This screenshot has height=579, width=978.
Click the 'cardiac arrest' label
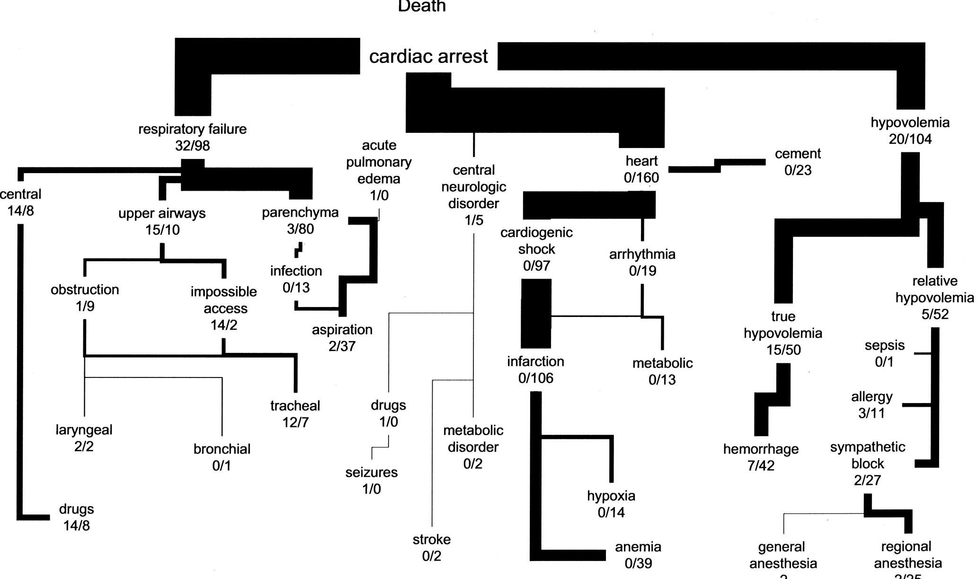tap(428, 57)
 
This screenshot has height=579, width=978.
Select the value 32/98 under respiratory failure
tap(192, 146)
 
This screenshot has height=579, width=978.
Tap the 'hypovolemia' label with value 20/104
tap(910, 123)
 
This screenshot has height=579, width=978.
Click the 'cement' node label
tap(798, 154)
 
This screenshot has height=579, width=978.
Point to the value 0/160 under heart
tap(641, 178)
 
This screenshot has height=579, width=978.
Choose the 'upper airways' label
tap(162, 213)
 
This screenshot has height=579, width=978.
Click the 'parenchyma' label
tap(300, 212)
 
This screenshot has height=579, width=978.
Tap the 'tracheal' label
tap(295, 406)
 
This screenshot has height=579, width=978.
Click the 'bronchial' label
tap(222, 449)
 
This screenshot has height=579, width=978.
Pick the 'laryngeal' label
tap(84, 430)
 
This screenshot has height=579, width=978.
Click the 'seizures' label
tap(371, 473)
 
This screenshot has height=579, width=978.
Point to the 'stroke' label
tap(431, 539)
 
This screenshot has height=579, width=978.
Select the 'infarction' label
tap(535, 361)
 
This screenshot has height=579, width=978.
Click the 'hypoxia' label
tap(611, 496)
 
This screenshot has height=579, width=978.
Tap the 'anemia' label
tap(638, 547)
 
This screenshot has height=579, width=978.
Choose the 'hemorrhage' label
tap(761, 449)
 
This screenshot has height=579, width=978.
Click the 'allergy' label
tap(871, 396)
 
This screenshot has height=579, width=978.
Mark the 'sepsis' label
tap(884, 345)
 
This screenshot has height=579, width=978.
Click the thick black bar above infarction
tap(536, 313)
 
